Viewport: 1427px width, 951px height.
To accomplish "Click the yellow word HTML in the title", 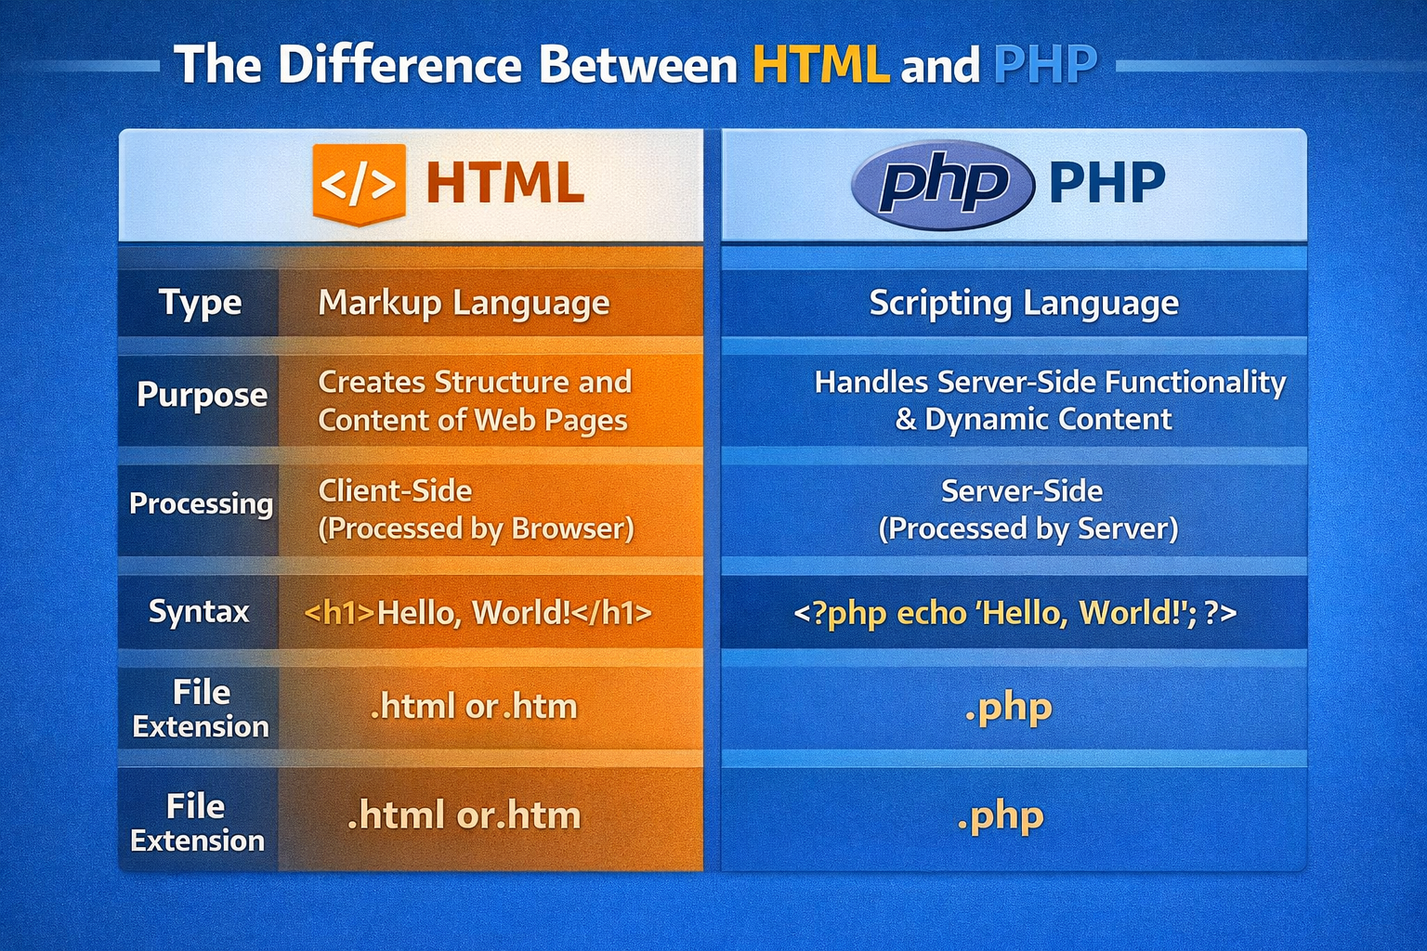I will pos(820,65).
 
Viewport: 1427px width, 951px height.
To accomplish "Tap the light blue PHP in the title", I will pos(1045,65).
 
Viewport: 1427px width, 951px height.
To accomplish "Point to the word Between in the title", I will pos(638,65).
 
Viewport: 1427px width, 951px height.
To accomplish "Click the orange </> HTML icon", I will pos(359,184).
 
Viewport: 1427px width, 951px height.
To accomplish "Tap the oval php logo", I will pos(942,184).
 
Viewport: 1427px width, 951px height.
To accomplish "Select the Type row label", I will pos(200,303).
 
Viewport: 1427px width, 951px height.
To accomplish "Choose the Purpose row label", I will pos(202,395).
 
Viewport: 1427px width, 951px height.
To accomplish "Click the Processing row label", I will pos(201,503).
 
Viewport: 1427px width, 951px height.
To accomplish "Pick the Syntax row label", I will pos(199,612).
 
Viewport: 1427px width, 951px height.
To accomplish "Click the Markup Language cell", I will pos(464,304).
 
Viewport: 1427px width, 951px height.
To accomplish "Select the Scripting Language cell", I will pos(1023,304).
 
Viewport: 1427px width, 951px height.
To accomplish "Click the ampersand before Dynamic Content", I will pos(906,420).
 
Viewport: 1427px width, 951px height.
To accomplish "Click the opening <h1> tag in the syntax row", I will pos(339,613).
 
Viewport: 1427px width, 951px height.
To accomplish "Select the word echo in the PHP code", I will pos(931,613).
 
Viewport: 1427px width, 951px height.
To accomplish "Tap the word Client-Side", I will pos(395,490).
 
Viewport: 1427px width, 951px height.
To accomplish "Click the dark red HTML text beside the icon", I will pos(504,184).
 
